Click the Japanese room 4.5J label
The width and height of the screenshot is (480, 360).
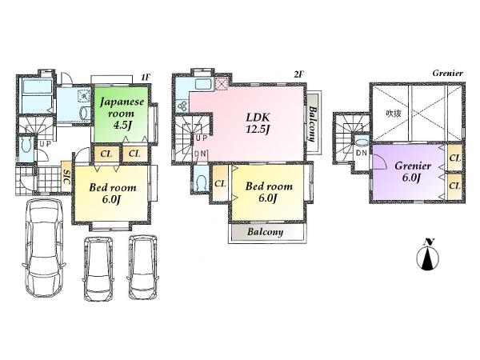[x=121, y=113]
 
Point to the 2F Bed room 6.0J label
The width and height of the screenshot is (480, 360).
[x=268, y=193]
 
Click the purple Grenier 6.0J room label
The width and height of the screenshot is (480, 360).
[x=413, y=172]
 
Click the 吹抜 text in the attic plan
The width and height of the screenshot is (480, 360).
[x=392, y=113]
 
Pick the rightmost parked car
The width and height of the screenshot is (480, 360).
[x=144, y=268]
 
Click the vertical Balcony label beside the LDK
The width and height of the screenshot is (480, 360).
[x=314, y=124]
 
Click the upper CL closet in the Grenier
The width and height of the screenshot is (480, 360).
[x=454, y=159]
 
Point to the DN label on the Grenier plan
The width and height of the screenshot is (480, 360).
[x=361, y=152]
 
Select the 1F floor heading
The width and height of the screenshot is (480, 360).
[x=145, y=75]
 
